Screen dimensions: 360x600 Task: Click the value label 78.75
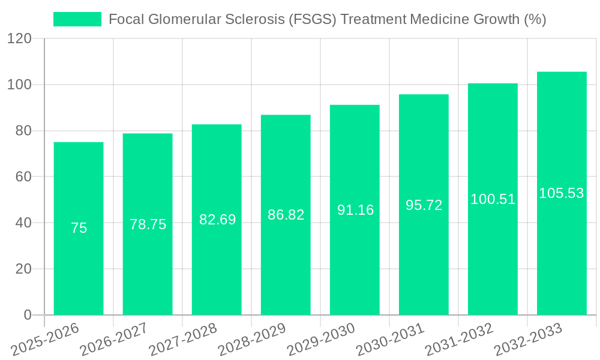click(148, 224)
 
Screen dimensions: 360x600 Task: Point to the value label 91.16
click(355, 210)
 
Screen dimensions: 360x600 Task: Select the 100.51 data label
click(493, 199)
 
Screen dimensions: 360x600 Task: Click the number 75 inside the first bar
click(79, 228)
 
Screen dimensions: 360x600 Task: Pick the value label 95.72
click(424, 205)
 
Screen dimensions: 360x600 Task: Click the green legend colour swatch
click(77, 19)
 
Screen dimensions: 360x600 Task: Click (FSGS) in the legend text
click(313, 19)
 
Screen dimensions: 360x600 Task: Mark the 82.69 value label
click(217, 220)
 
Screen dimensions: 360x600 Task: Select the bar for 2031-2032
click(493, 258)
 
